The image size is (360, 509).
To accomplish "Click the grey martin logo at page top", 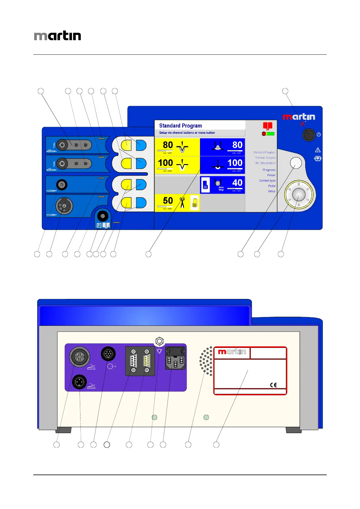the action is (57, 36).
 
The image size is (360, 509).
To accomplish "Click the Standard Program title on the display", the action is (180, 126).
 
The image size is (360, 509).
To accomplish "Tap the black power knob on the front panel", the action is (309, 135).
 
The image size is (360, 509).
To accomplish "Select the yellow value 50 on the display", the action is (168, 201).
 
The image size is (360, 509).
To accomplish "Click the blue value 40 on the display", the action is (237, 183).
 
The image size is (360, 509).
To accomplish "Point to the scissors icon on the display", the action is (182, 203).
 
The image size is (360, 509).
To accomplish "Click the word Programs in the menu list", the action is (269, 170).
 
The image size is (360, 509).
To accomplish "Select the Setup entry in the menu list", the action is (271, 191).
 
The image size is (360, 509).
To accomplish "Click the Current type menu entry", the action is (267, 180).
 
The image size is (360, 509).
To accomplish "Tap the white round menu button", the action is (296, 163).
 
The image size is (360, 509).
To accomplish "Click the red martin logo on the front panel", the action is (299, 117).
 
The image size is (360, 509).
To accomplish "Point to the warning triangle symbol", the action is (318, 150).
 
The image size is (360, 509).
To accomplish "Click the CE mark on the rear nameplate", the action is (273, 385).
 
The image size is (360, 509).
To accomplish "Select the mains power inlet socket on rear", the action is (175, 358).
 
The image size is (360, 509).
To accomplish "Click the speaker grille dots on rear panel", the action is (206, 361).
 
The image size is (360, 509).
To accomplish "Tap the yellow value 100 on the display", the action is (165, 163).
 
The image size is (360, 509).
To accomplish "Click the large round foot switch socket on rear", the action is (80, 357).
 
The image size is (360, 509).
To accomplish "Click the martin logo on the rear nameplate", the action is (232, 352).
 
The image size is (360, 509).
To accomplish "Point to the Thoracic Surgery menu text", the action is (265, 157).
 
